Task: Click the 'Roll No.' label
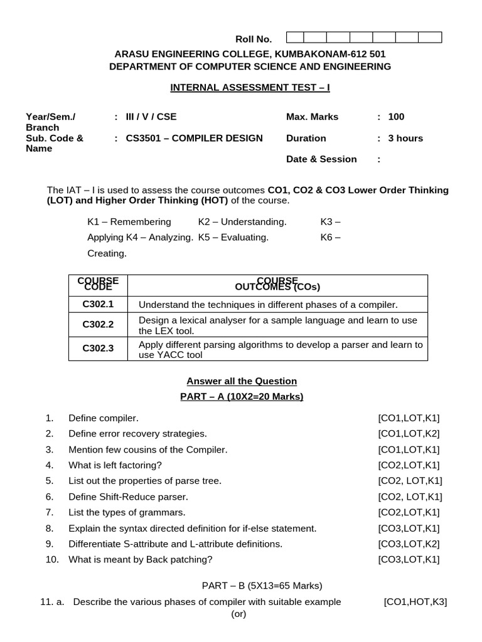pos(253,39)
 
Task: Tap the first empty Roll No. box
pos(297,37)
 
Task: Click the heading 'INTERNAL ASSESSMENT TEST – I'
pos(250,87)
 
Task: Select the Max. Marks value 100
pos(396,117)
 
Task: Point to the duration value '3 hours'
pos(405,138)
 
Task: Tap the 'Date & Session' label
pos(321,159)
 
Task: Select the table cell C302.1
pos(98,305)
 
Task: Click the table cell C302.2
pos(98,325)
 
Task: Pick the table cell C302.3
pos(98,349)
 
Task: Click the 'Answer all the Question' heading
pos(242,381)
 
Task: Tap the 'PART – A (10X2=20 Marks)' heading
pos(242,396)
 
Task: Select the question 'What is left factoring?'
pos(115,465)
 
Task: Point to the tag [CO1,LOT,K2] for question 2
pos(409,434)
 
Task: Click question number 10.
pos(51,559)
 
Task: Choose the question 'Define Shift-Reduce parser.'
pos(128,497)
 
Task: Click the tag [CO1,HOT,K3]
pos(415,602)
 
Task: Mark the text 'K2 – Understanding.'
pos(242,222)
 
